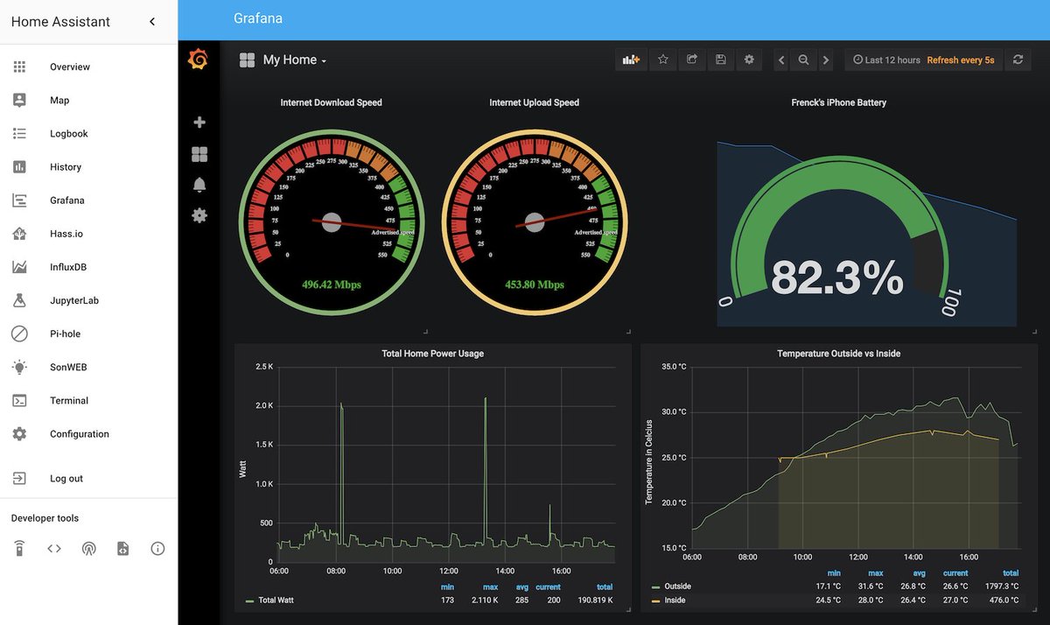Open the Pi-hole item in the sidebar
[65, 334]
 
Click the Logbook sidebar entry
[68, 134]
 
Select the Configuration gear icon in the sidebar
[19, 434]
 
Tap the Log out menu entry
[66, 479]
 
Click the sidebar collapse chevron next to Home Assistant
[152, 22]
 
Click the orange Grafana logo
[199, 60]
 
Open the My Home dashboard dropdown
[294, 60]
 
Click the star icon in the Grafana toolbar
[663, 60]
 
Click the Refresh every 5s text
[960, 60]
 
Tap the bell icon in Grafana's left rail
[199, 185]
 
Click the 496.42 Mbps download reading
[331, 284]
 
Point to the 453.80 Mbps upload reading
[534, 284]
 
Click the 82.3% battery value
[836, 278]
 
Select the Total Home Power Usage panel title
[432, 354]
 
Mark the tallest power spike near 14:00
[485, 399]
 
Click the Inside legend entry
[675, 600]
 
